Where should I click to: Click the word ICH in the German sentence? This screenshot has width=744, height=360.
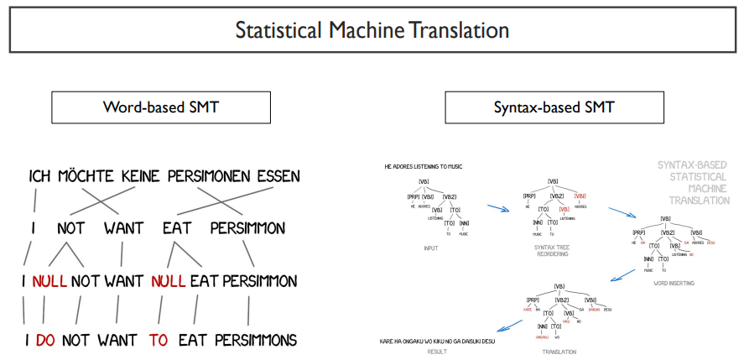tap(44, 177)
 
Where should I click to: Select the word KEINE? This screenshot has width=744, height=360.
tap(140, 177)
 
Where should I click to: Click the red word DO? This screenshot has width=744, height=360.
tap(45, 340)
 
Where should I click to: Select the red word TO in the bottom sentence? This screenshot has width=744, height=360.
tap(159, 340)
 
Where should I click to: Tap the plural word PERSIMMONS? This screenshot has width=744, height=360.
tap(256, 340)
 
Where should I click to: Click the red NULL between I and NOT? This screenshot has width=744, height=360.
tap(49, 281)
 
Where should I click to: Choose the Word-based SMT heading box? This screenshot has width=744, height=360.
tap(162, 107)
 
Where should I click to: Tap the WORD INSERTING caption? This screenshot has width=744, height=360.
tap(673, 284)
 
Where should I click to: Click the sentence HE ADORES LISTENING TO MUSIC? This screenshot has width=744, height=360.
tap(423, 166)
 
